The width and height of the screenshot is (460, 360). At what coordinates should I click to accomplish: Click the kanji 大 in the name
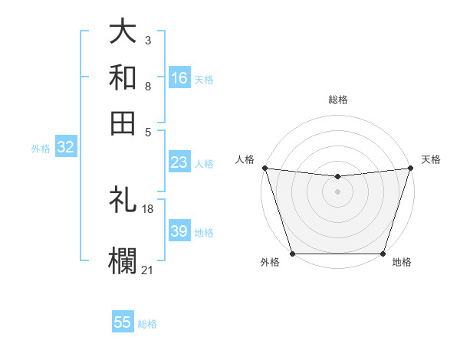click(123, 32)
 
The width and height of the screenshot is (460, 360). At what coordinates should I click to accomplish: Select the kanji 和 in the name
click(123, 77)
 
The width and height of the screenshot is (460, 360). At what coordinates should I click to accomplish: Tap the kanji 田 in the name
click(123, 122)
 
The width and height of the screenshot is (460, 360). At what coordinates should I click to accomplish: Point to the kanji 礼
click(123, 201)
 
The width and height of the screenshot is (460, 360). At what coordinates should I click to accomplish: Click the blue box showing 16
click(179, 77)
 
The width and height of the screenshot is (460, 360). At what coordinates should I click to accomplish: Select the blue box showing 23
click(179, 162)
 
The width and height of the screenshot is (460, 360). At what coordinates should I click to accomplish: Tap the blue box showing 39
click(179, 231)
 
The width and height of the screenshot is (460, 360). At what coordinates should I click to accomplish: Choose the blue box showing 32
click(65, 148)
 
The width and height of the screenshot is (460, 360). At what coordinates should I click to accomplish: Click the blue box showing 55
click(123, 322)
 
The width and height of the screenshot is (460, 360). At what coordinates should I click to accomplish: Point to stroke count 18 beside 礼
click(148, 209)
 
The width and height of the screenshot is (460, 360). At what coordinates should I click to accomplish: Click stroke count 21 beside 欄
click(148, 269)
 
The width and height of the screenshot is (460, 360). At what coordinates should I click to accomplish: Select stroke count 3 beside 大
click(148, 38)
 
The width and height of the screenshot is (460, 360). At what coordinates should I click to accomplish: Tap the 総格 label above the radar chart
click(338, 100)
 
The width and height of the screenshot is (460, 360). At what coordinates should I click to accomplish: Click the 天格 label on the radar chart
click(431, 159)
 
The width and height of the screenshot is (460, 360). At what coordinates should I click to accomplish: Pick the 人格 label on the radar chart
click(245, 159)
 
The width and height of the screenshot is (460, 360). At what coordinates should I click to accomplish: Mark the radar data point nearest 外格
click(293, 254)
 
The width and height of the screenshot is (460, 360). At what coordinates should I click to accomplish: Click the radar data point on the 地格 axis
click(383, 254)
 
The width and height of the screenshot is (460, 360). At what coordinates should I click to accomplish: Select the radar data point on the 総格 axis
click(338, 177)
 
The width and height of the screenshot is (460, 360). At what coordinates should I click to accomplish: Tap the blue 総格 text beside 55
click(148, 324)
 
